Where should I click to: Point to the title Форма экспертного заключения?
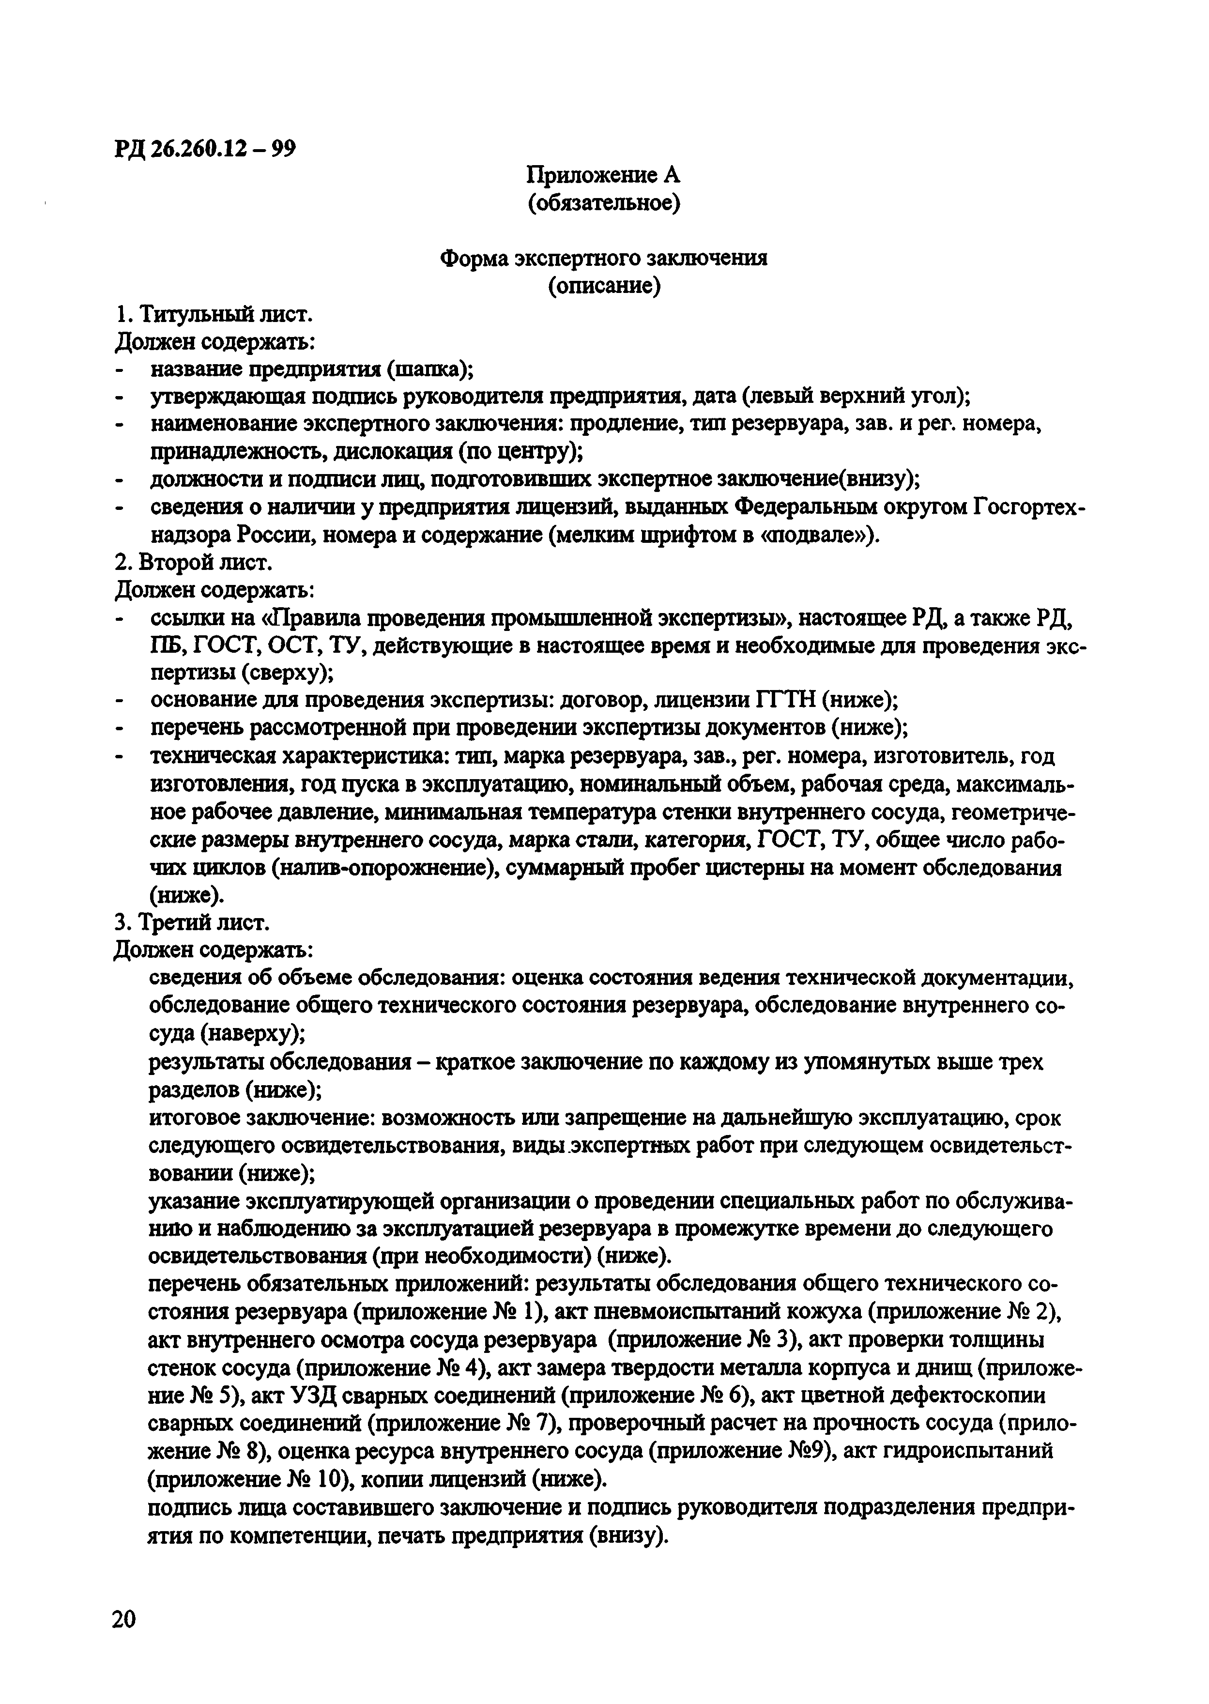604,258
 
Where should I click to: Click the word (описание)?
604,286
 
